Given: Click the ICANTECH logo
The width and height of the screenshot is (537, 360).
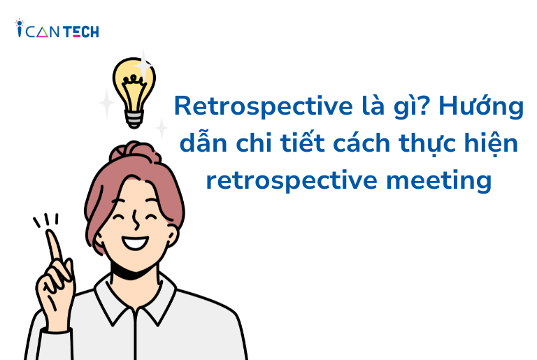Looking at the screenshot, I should click(57, 29).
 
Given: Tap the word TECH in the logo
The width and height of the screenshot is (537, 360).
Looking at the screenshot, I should click(83, 31).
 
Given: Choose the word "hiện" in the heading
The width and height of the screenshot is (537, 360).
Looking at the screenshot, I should click(496, 145).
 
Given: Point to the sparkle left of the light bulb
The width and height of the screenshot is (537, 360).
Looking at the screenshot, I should click(106, 103).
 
